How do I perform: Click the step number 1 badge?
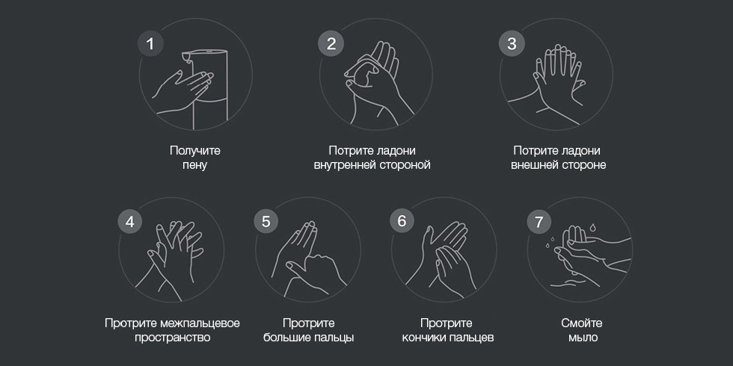150,43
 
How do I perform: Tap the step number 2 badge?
331,43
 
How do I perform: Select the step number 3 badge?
512,43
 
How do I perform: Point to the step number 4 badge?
130,221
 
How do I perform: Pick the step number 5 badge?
266,221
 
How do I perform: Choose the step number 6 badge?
402,221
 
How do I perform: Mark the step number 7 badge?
539,221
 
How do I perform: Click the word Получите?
195,151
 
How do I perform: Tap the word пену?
195,165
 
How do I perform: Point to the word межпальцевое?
200,323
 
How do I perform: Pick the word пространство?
173,338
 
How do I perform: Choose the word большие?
285,337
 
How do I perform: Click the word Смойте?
582,323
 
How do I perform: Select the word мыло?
583,338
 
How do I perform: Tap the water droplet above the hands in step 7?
592,228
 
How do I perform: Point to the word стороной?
404,165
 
